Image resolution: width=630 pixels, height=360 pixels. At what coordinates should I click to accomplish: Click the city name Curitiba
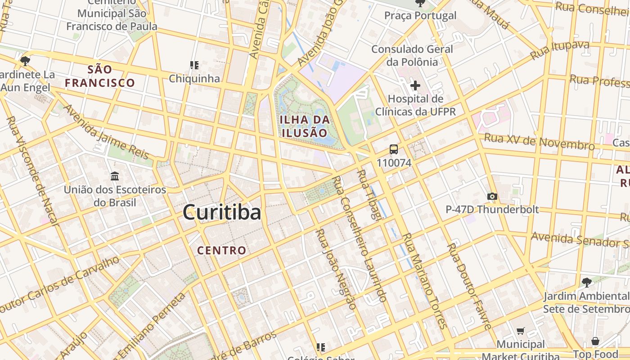pos(222,212)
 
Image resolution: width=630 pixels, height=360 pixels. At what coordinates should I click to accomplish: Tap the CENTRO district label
pos(222,251)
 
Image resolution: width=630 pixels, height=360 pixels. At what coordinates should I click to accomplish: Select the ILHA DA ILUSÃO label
pos(305,126)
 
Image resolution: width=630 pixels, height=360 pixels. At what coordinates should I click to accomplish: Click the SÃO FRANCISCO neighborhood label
pos(100,76)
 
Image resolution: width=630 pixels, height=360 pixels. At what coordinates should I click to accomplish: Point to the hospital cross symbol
pos(415,85)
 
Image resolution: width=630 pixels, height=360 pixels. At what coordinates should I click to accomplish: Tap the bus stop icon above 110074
pos(394,149)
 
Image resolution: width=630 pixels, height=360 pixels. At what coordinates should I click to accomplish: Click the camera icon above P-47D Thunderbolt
pos(492,196)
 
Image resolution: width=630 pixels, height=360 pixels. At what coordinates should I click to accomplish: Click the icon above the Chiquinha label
pos(194,65)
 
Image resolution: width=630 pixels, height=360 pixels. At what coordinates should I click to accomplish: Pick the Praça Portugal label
pos(420,16)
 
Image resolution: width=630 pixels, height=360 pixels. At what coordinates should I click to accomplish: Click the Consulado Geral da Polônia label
pos(412,55)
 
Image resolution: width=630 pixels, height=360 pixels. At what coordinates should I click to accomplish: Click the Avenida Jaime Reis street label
pos(107,132)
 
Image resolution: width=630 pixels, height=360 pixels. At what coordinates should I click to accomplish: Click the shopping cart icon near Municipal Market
pos(521,331)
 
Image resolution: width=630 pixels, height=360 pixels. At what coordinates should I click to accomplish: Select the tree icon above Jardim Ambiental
pos(586,283)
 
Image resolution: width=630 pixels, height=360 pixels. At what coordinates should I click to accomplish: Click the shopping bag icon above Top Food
pos(595,342)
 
